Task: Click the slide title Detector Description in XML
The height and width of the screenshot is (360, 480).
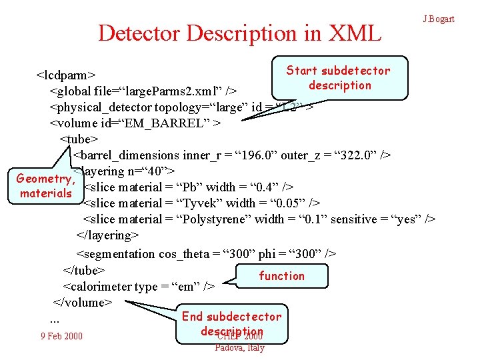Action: (239, 33)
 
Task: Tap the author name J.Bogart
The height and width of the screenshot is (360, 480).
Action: (439, 19)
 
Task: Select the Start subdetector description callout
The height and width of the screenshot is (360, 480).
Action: (339, 78)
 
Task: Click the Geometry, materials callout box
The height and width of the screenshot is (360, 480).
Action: (45, 185)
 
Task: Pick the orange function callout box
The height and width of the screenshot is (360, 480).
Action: (281, 276)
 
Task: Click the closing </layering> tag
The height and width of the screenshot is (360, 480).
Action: (108, 235)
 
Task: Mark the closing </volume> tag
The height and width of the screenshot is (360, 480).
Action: (82, 302)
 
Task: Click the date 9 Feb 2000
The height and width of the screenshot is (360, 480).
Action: (61, 335)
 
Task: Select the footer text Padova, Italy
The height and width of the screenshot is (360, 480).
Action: (239, 347)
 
